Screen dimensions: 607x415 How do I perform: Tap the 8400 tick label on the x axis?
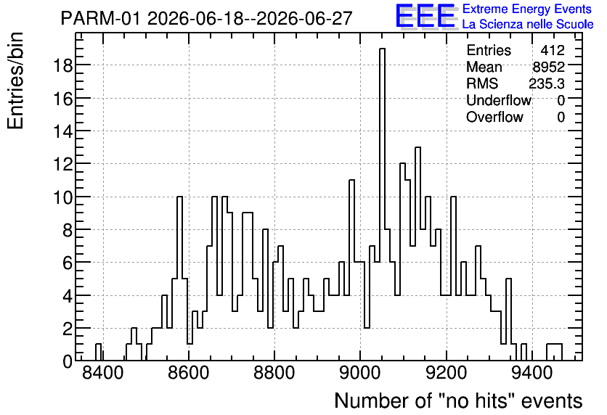(103, 374)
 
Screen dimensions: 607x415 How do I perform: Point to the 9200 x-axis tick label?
(446, 374)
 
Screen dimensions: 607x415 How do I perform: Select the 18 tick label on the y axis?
(62, 65)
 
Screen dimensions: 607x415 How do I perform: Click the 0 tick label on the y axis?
(68, 361)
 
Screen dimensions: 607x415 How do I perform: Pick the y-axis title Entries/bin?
(16, 81)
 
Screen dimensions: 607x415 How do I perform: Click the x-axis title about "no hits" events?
(458, 400)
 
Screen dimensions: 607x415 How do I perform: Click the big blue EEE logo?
(425, 16)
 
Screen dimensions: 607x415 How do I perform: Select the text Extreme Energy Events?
(527, 9)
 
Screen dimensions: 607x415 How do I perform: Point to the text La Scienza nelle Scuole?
(528, 24)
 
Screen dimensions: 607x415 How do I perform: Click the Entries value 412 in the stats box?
(553, 50)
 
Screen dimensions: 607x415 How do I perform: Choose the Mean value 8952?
(548, 67)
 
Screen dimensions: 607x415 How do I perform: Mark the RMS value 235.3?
(547, 83)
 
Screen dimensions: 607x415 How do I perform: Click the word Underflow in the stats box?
(499, 100)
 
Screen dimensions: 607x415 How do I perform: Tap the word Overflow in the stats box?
(494, 117)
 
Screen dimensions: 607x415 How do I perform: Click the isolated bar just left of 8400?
(98, 352)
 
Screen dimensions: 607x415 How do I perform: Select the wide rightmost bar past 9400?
(554, 352)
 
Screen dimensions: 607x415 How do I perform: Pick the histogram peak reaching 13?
(417, 254)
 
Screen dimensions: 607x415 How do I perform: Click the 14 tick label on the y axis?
(62, 131)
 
